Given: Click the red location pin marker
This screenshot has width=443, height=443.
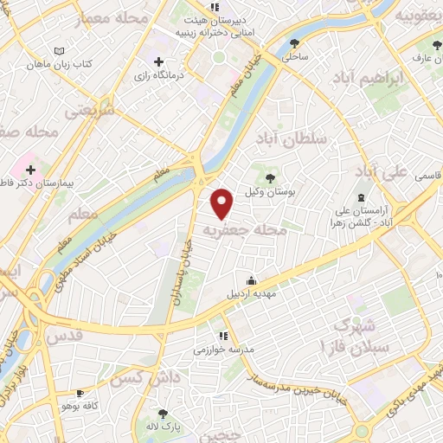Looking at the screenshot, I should (x=223, y=202).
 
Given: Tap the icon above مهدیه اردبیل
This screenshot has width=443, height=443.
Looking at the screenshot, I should (x=252, y=279).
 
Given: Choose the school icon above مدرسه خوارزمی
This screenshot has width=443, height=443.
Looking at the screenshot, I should (x=222, y=335).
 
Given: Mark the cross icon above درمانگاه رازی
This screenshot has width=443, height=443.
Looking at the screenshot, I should (x=158, y=61).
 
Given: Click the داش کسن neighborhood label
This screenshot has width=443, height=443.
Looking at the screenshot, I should (x=138, y=378).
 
